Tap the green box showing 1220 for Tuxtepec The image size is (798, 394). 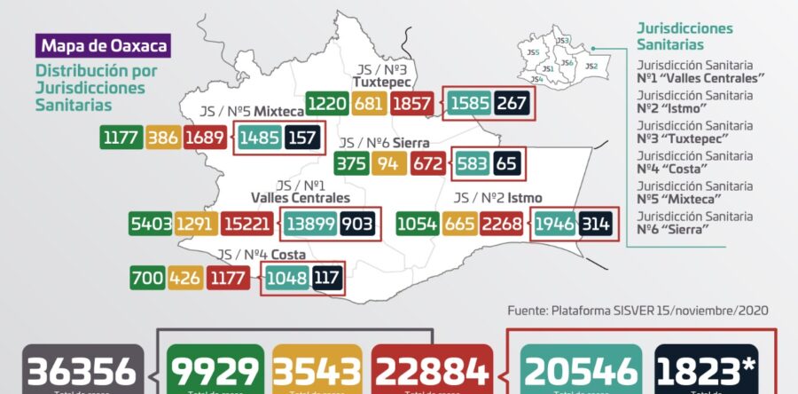coord(327,104)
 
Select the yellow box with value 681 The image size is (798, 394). coord(368,104)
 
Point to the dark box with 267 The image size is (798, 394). coord(512,104)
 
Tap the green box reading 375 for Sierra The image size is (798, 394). coord(351,164)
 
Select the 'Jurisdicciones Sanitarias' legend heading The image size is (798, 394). coord(685,36)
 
